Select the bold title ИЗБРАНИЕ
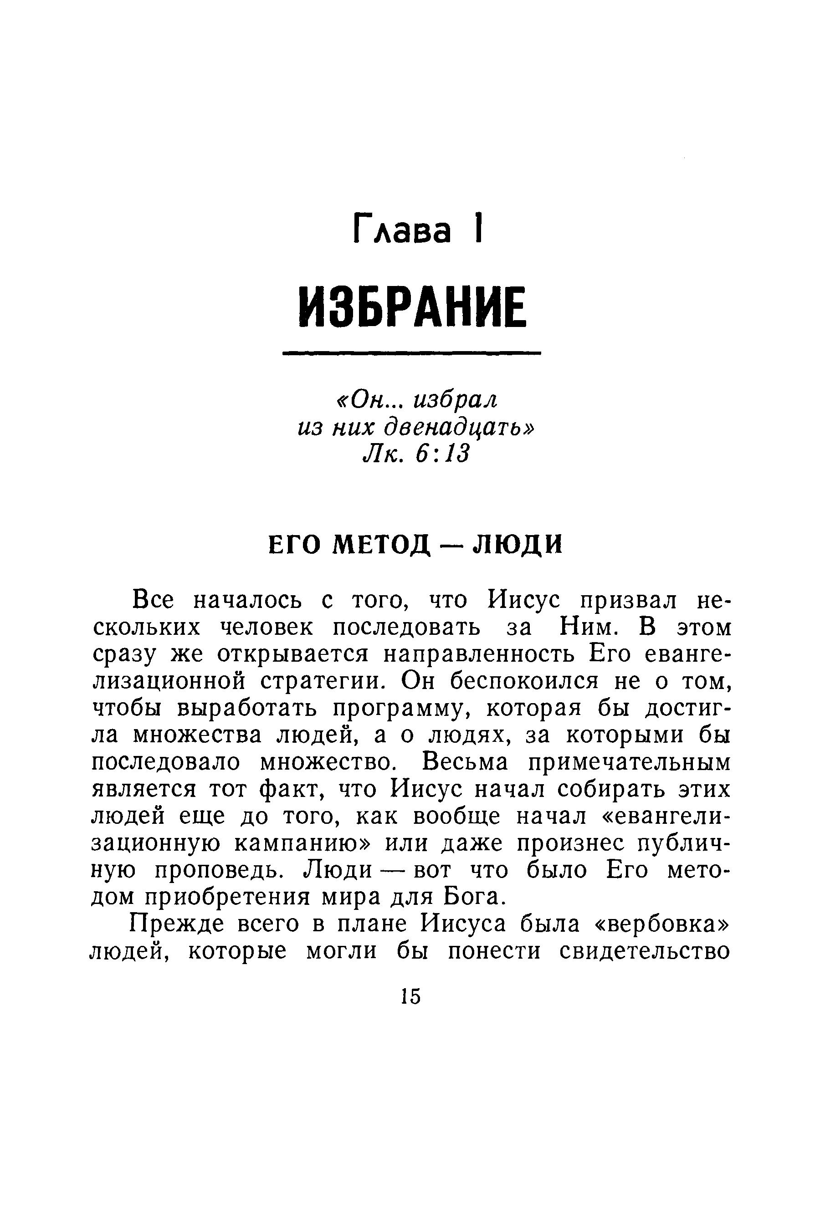[411, 308]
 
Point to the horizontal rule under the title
[411, 354]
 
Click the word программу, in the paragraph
[405, 709]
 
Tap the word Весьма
[465, 762]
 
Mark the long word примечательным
[630, 762]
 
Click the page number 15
[410, 996]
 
